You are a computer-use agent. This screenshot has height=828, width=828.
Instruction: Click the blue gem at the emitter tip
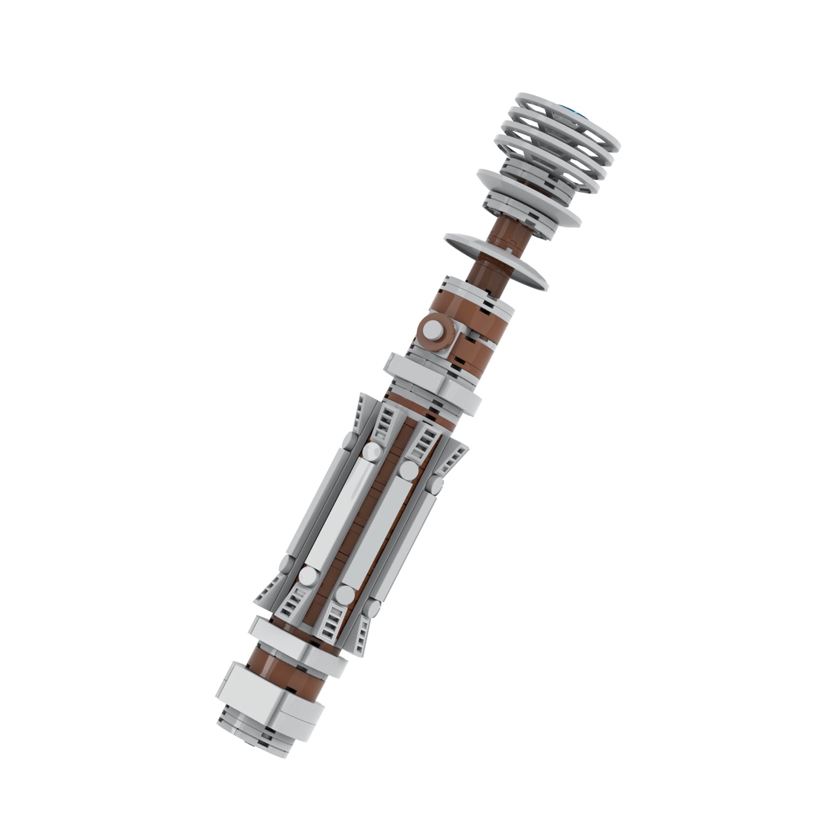tap(581, 113)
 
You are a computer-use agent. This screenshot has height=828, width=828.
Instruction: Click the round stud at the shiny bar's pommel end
tap(307, 577)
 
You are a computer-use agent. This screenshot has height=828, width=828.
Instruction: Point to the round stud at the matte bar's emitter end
tap(409, 470)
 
